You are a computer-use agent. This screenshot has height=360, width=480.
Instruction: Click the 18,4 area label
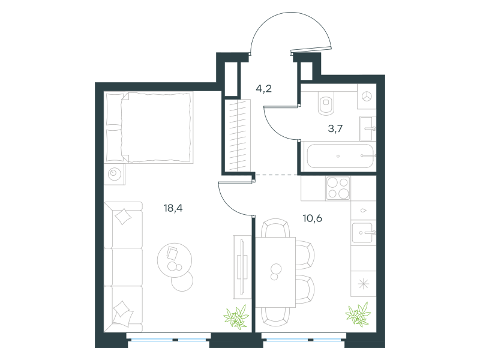pos(173,208)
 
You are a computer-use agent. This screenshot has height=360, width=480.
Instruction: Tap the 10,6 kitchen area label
pos(312,218)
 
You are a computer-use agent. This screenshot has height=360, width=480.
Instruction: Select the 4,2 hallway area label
pos(263,89)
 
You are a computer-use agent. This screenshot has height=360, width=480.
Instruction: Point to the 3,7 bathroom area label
pos(335,128)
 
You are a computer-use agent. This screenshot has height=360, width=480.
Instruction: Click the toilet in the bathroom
pos(326,103)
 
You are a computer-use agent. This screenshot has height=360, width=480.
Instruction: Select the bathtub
pos(340,156)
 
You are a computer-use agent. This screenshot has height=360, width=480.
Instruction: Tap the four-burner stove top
pos(338,188)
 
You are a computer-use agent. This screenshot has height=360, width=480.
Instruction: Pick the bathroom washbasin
pos(367,128)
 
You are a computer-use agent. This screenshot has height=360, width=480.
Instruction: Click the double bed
pos(149,127)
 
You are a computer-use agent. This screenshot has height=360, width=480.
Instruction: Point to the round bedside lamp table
pos(115,174)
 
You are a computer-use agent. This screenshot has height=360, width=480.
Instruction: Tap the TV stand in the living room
pos(242,267)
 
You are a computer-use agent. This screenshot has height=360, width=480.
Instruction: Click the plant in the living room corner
pos(236,317)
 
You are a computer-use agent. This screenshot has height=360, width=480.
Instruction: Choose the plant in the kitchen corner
pos(358,314)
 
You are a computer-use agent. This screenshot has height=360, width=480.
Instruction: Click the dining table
pos(275,272)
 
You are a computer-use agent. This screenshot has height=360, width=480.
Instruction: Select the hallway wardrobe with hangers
pos(238,135)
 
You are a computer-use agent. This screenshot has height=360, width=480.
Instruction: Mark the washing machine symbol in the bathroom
pos(367,96)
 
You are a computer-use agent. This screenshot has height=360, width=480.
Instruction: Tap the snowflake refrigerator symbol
pos(364,284)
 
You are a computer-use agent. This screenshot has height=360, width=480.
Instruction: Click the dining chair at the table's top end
pos(275,228)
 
